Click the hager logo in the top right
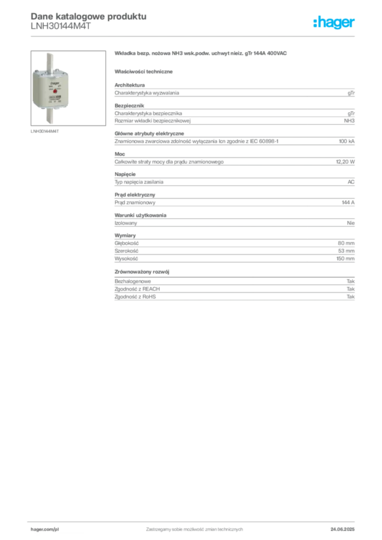pyautogui.click(x=334, y=23)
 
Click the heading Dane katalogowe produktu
pyautogui.click(x=89, y=16)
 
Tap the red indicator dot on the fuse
pyautogui.click(x=55, y=92)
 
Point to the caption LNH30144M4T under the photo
pyautogui.click(x=45, y=131)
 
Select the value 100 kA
pyautogui.click(x=347, y=141)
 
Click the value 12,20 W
pyautogui.click(x=345, y=161)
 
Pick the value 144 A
pyautogui.click(x=348, y=202)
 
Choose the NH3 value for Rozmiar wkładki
pyautogui.click(x=349, y=121)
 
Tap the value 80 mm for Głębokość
pyautogui.click(x=346, y=243)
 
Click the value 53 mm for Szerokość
pyautogui.click(x=346, y=250)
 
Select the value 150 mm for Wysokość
pyautogui.click(x=346, y=258)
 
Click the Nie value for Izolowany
pyautogui.click(x=351, y=223)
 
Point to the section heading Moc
pyautogui.click(x=120, y=154)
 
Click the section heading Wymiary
pyautogui.click(x=125, y=236)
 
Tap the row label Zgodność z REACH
pyautogui.click(x=137, y=289)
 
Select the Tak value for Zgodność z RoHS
pyautogui.click(x=351, y=296)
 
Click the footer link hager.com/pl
pyautogui.click(x=45, y=529)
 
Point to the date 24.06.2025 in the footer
pyautogui.click(x=342, y=529)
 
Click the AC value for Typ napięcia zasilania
pyautogui.click(x=351, y=182)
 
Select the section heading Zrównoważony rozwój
pyautogui.click(x=142, y=272)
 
